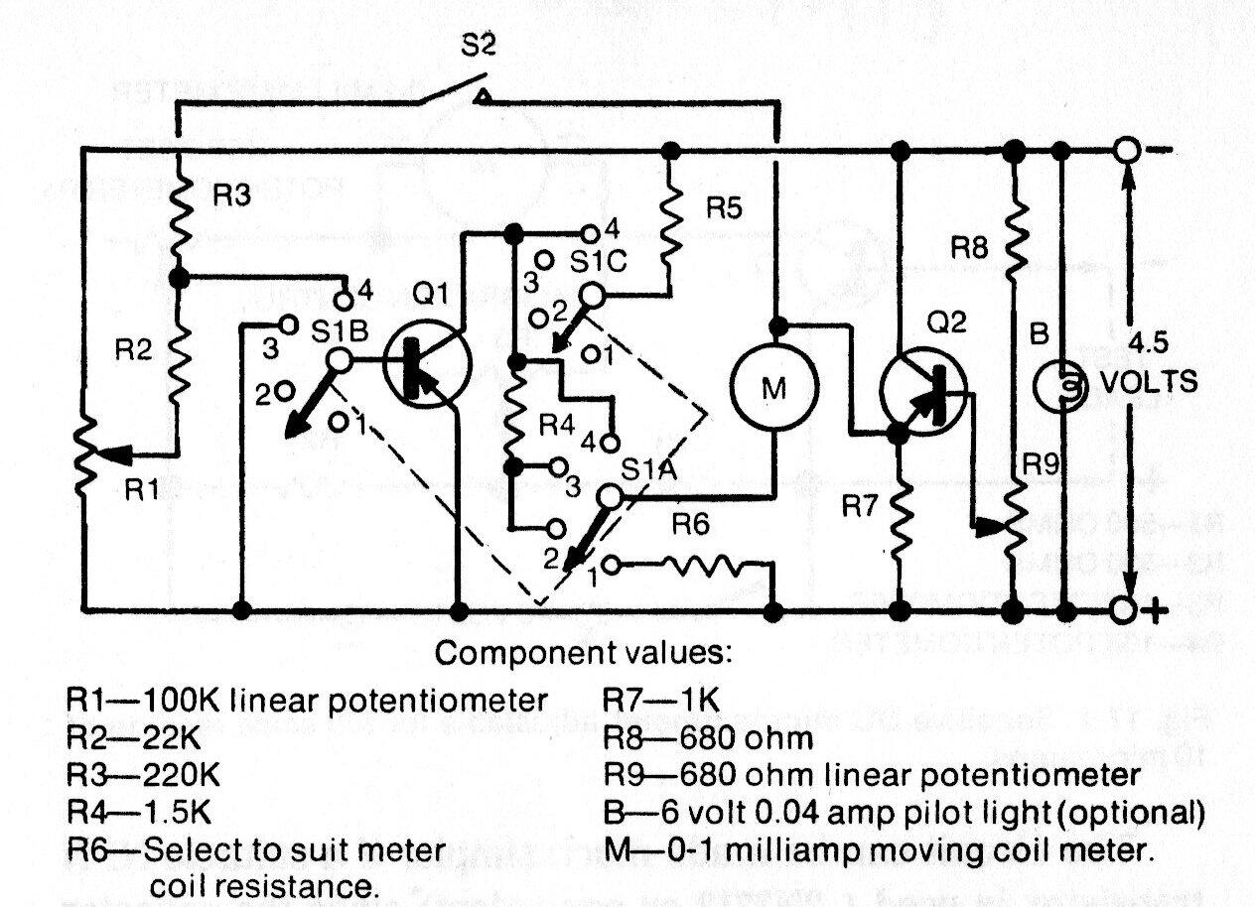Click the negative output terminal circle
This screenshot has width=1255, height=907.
[x=1125, y=151]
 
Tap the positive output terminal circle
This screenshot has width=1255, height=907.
[x=1125, y=607]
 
